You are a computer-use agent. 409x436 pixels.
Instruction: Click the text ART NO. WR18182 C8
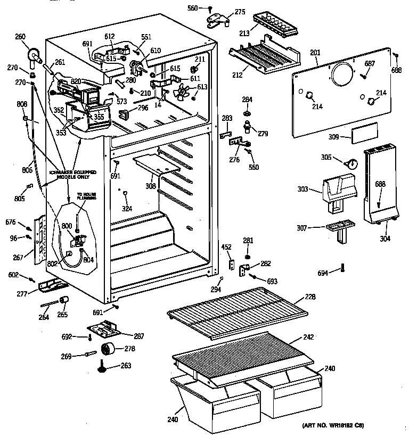[333, 425]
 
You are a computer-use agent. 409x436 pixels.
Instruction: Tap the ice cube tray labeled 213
[275, 23]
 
